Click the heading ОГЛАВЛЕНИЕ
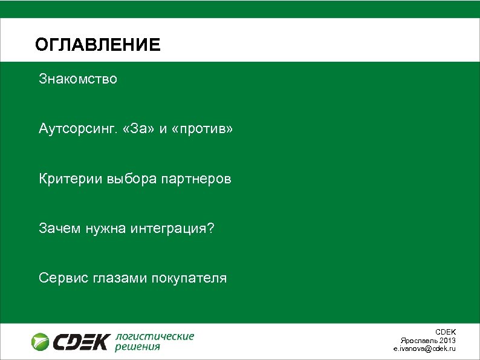(x=98, y=45)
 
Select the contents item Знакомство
(x=78, y=79)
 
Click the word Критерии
(x=71, y=179)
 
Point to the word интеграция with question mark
(x=172, y=229)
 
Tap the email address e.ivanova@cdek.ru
(x=424, y=349)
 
